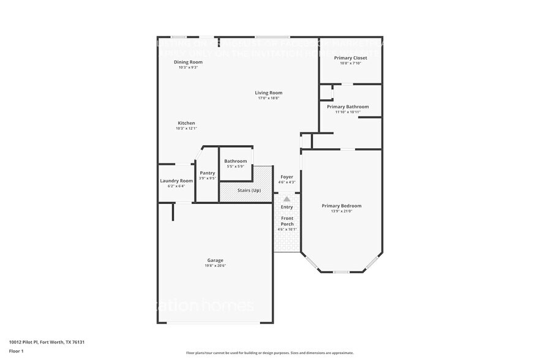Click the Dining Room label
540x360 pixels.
point(188,62)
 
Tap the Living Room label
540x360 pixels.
point(269,93)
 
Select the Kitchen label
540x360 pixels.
point(186,123)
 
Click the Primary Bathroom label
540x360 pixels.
point(348,107)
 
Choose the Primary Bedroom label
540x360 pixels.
point(342,206)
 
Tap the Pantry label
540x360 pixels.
point(207,173)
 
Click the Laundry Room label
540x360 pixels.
point(176,181)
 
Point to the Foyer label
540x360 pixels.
point(287,177)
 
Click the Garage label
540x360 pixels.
point(215,260)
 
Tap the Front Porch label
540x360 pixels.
point(287,221)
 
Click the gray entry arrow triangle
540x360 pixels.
point(287,199)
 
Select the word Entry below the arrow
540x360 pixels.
point(287,207)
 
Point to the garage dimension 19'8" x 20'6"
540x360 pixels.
point(215,266)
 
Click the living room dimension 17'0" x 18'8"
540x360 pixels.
point(269,98)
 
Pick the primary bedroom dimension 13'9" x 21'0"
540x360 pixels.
point(342,211)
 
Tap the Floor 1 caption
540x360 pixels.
point(16,351)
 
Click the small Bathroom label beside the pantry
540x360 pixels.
point(235,161)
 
